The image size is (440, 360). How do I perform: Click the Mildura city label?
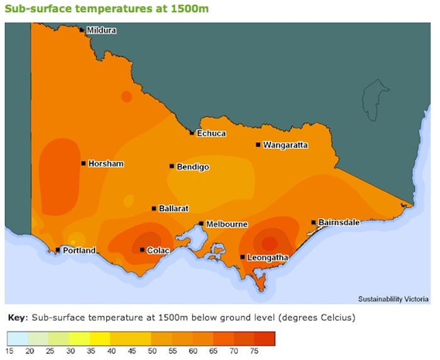pos(101,30)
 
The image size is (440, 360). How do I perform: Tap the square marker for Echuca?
pos(192,133)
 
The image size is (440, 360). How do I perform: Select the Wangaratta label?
pos(285,145)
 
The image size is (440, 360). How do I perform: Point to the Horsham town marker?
pos(84,163)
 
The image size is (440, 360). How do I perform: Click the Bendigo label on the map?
pos(193,167)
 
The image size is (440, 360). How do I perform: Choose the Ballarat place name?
pos(173,209)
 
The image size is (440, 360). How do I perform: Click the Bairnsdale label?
pos(339,222)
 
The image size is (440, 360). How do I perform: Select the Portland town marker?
pos(58,250)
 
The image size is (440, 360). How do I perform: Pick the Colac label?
pos(157,251)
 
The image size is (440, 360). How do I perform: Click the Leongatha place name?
pos(268,258)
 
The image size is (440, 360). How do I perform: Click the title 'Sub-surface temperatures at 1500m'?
pos(107,9)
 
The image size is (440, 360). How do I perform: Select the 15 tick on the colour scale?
pos(10,351)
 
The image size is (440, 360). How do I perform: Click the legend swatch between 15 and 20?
pos(18,339)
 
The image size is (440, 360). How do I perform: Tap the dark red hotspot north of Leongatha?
pos(270,243)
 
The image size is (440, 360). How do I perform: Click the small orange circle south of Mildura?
pos(126,97)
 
